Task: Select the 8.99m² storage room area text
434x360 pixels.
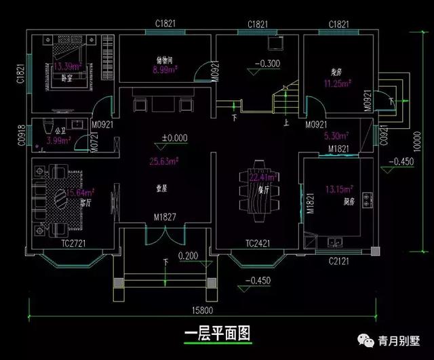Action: tap(165, 69)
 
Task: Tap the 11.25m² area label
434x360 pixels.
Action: tap(337, 84)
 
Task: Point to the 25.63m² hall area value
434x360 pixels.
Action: tap(164, 161)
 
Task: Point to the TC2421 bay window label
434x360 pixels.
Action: tap(258, 243)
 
